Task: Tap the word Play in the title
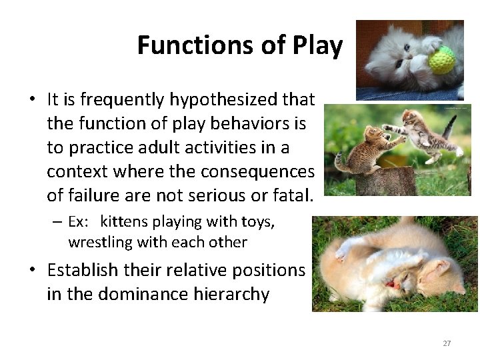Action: click(317, 45)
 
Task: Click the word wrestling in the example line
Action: click(99, 242)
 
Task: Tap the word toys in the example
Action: click(257, 221)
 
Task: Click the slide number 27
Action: click(447, 343)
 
